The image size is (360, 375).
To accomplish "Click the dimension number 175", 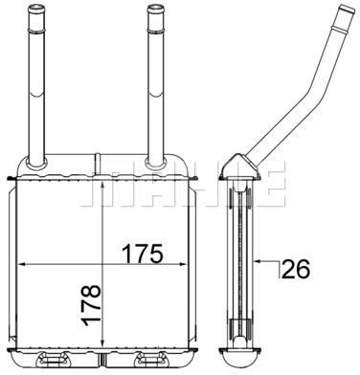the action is tap(143, 254).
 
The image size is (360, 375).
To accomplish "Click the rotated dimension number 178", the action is tap(92, 305).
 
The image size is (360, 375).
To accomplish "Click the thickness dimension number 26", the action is tap(296, 269).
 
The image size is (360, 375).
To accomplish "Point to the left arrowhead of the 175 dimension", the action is tap(21, 264).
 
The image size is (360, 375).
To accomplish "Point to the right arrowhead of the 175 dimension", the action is tap(182, 264).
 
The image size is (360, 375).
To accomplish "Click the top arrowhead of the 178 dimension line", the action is tap(101, 187).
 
